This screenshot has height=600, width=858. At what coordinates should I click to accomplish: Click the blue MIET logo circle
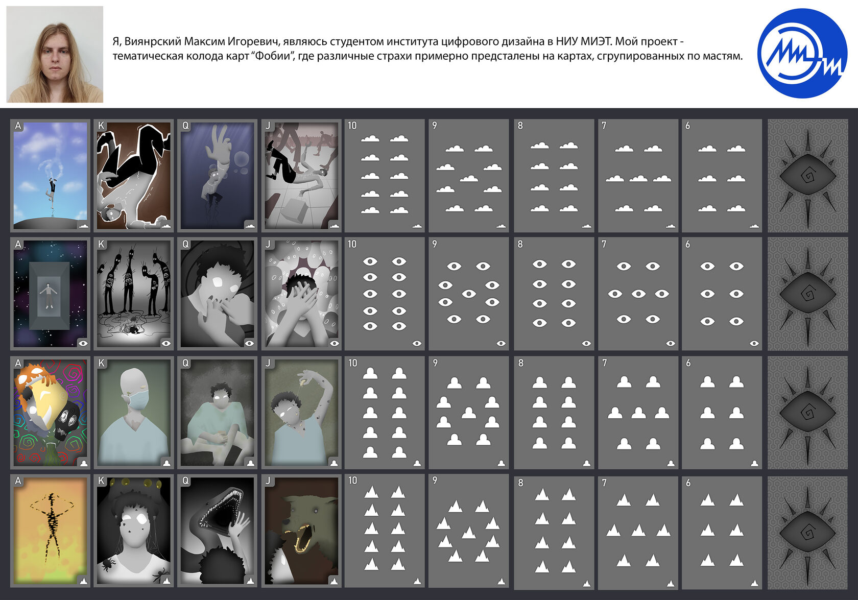tap(802, 53)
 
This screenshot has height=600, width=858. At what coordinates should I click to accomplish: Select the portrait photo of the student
tap(55, 54)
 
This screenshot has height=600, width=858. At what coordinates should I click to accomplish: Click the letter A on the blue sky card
tap(18, 126)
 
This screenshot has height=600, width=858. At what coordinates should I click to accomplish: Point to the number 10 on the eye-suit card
tap(352, 244)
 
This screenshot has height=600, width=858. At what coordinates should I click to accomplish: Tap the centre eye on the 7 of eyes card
tap(638, 294)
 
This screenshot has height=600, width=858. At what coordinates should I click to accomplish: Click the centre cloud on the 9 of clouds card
tap(469, 178)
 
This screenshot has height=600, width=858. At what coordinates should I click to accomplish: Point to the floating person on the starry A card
tap(48, 295)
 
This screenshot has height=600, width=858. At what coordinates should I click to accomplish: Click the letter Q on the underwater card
tap(185, 126)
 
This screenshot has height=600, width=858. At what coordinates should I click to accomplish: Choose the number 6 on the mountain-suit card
tap(688, 483)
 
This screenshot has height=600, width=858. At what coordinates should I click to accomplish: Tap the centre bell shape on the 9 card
tap(469, 413)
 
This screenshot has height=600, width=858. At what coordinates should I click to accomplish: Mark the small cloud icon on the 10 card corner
tap(417, 226)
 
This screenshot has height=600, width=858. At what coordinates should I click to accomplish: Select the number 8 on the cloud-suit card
tap(520, 126)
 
